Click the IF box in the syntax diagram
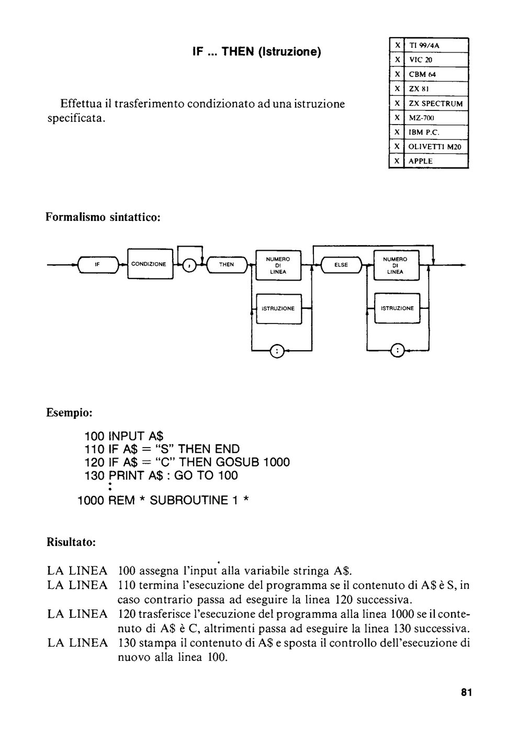click(x=98, y=264)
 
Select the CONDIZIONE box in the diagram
click(x=150, y=264)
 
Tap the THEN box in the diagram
click(x=227, y=264)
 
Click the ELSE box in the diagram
click(x=341, y=265)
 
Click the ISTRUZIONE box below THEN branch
click(x=278, y=308)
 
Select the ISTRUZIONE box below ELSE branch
click(x=397, y=308)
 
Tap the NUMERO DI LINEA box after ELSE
click(x=396, y=265)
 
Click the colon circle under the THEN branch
click(x=277, y=351)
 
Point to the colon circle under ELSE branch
click(x=398, y=351)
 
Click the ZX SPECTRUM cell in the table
click(x=436, y=104)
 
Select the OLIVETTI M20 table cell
click(x=436, y=147)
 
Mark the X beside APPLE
click(x=397, y=161)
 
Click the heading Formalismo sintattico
click(x=103, y=217)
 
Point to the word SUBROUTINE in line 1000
click(x=189, y=501)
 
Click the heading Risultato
click(x=71, y=542)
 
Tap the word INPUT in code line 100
click(x=126, y=436)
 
